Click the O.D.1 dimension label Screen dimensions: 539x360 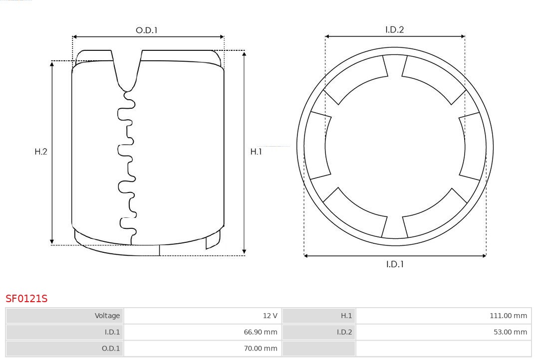pos(146,30)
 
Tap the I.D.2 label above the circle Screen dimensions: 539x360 pos(395,29)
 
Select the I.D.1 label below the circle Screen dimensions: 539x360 pos(395,264)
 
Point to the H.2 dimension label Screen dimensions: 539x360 pos(41,152)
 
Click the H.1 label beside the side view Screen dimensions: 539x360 pos(256,152)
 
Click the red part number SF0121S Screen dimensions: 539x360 pos(26,299)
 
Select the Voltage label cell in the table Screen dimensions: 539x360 pos(64,316)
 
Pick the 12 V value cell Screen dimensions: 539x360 pos(203,316)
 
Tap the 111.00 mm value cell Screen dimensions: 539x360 pos(444,316)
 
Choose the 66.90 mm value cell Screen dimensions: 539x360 pos(203,332)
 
